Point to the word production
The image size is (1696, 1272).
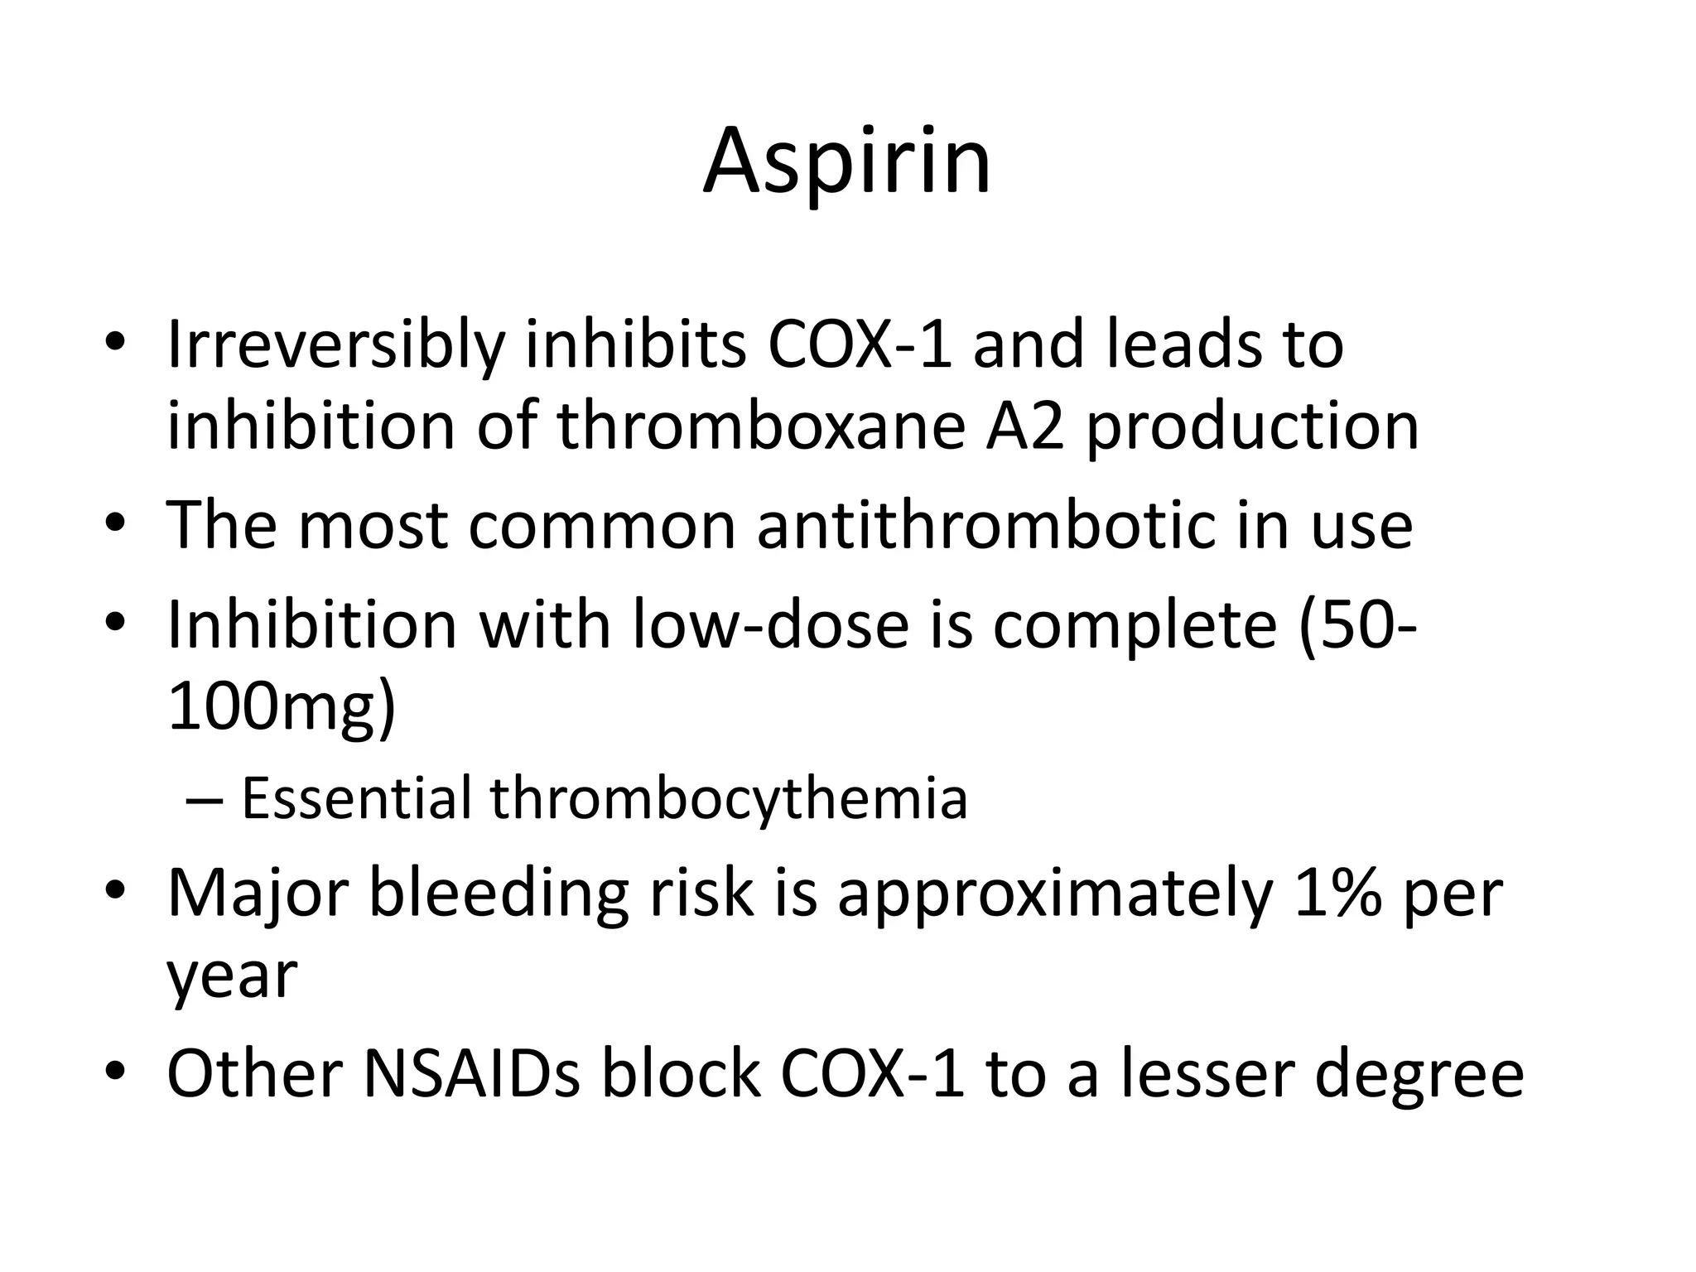1252,428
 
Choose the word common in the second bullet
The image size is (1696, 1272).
601,527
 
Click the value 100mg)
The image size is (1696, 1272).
282,708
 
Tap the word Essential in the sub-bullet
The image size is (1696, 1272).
356,798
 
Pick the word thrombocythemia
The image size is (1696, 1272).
729,800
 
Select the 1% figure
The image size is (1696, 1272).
1337,894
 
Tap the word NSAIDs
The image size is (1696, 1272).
471,1074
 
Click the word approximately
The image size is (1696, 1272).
1055,895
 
